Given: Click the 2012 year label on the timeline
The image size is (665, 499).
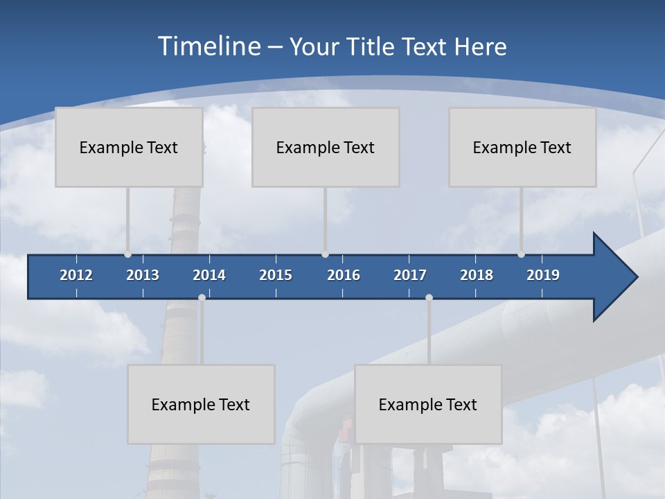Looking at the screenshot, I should (76, 275).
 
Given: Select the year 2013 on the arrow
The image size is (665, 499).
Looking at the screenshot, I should (143, 275).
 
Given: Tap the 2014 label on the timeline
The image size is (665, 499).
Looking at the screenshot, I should (209, 275).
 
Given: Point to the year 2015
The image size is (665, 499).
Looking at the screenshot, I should (276, 275).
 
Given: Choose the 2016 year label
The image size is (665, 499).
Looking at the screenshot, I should (344, 275).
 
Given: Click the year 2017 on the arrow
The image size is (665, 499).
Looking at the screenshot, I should (410, 275).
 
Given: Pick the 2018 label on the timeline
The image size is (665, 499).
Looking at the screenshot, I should (477, 275).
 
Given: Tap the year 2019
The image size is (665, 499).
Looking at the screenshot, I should (543, 275).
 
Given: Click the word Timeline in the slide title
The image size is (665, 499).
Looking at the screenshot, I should (209, 46).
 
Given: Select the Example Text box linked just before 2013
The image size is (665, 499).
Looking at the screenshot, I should (129, 147).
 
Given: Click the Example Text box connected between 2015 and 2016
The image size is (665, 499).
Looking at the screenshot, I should (326, 147).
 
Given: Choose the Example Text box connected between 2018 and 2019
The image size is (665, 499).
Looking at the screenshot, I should (522, 147).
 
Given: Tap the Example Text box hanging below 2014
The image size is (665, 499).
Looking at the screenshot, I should (201, 404).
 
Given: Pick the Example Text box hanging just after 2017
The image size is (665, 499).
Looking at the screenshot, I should (428, 404).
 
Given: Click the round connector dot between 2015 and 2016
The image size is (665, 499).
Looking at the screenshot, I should (326, 254).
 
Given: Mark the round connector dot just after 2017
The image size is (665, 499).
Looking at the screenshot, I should (429, 297).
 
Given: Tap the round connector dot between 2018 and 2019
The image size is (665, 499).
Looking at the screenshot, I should (522, 254).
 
